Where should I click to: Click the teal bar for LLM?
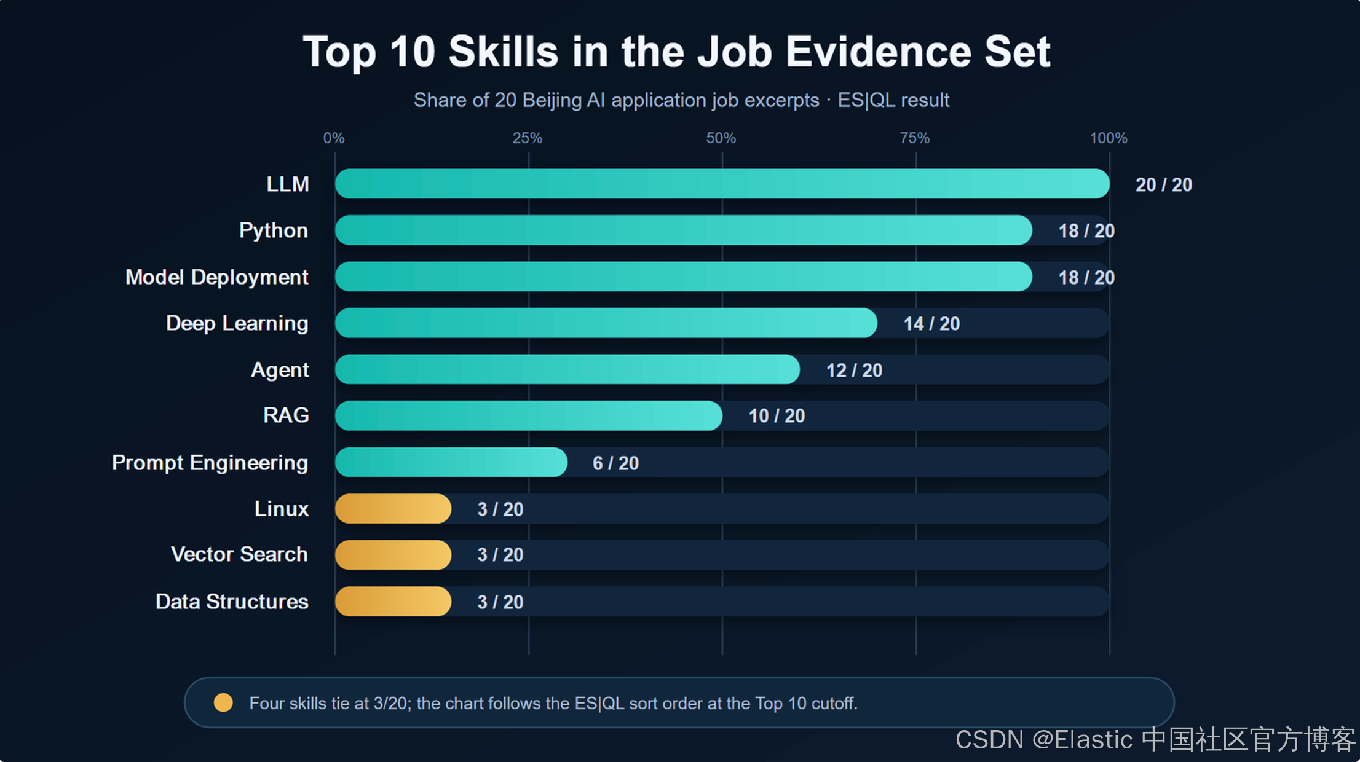(722, 184)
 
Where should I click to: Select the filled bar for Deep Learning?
(606, 323)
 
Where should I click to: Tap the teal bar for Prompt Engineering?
(451, 462)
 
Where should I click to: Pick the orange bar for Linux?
(393, 509)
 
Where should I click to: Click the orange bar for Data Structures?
(393, 602)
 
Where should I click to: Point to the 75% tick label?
(915, 138)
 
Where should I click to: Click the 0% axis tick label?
(334, 138)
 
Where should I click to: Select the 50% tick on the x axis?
(721, 138)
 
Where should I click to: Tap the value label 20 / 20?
(1164, 185)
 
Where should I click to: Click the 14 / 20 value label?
(931, 324)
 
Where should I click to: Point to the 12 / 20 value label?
(854, 371)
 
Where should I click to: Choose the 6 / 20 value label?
(615, 463)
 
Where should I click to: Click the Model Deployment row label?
(217, 277)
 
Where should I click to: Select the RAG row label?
(286, 415)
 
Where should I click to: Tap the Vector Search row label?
(239, 554)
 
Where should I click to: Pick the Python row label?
(274, 231)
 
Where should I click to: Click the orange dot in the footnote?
(223, 702)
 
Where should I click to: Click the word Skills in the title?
(504, 52)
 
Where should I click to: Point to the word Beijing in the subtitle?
(552, 100)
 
